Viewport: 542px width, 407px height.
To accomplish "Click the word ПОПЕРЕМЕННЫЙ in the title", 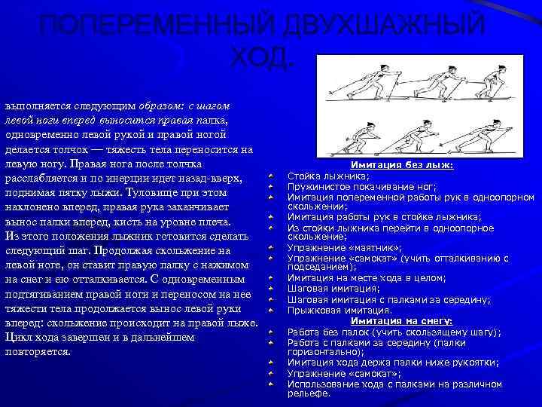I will pyautogui.click(x=151, y=25).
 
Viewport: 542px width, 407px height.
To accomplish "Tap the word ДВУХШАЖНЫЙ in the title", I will pyautogui.click(x=382, y=25).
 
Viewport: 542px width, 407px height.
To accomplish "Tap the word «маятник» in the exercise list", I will pyautogui.click(x=372, y=247).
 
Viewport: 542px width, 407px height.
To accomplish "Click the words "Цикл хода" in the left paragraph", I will pyautogui.click(x=31, y=338).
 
